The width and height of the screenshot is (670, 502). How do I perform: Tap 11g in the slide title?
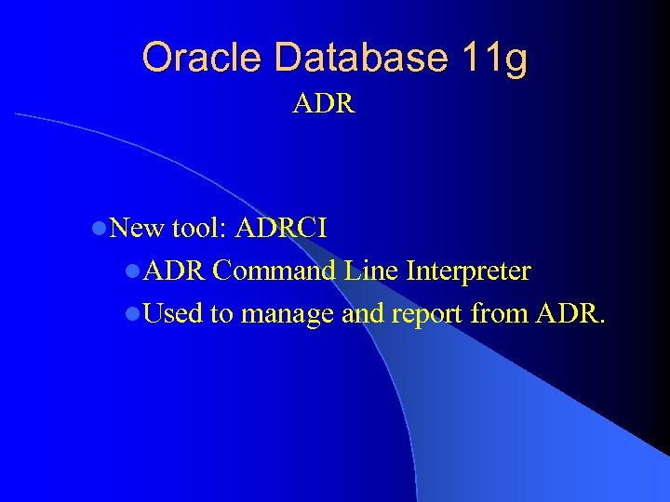pyautogui.click(x=494, y=58)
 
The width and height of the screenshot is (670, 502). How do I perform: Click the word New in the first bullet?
pyautogui.click(x=138, y=228)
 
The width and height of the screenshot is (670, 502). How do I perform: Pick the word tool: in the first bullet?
pyautogui.click(x=200, y=228)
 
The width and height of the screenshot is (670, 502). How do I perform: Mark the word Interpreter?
pyautogui.click(x=470, y=271)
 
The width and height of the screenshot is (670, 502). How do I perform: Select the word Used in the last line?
pyautogui.click(x=174, y=314)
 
